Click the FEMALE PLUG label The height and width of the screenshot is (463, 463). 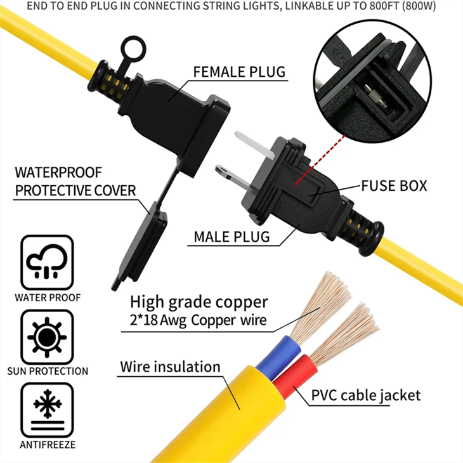pos(239,71)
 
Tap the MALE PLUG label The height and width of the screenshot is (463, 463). pos(231,237)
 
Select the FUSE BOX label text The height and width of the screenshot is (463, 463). pos(394,186)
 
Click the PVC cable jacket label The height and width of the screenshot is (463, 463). pos(365,395)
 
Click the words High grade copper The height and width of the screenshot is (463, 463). pos(199,301)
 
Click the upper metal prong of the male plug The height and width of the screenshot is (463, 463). pos(254,141)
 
